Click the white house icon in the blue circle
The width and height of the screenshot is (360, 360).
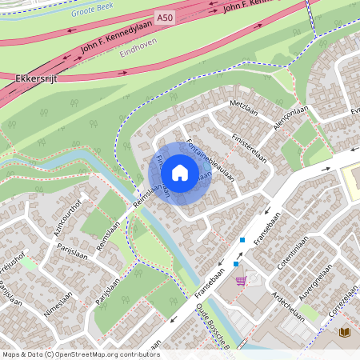[x=180, y=173]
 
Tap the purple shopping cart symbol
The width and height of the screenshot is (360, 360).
[x=242, y=281]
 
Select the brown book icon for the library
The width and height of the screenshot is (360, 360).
[x=345, y=331]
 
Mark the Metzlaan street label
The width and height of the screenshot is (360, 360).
[x=245, y=105]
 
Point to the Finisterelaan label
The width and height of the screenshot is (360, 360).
[x=250, y=145]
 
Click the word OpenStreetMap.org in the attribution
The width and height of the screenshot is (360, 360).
[x=91, y=354]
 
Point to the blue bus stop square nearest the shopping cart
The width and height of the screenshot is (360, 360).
[x=236, y=263]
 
